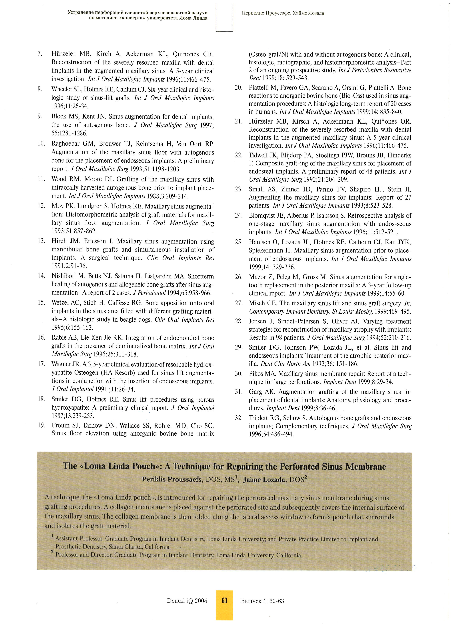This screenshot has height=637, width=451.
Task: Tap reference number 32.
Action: [x=239, y=418]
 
